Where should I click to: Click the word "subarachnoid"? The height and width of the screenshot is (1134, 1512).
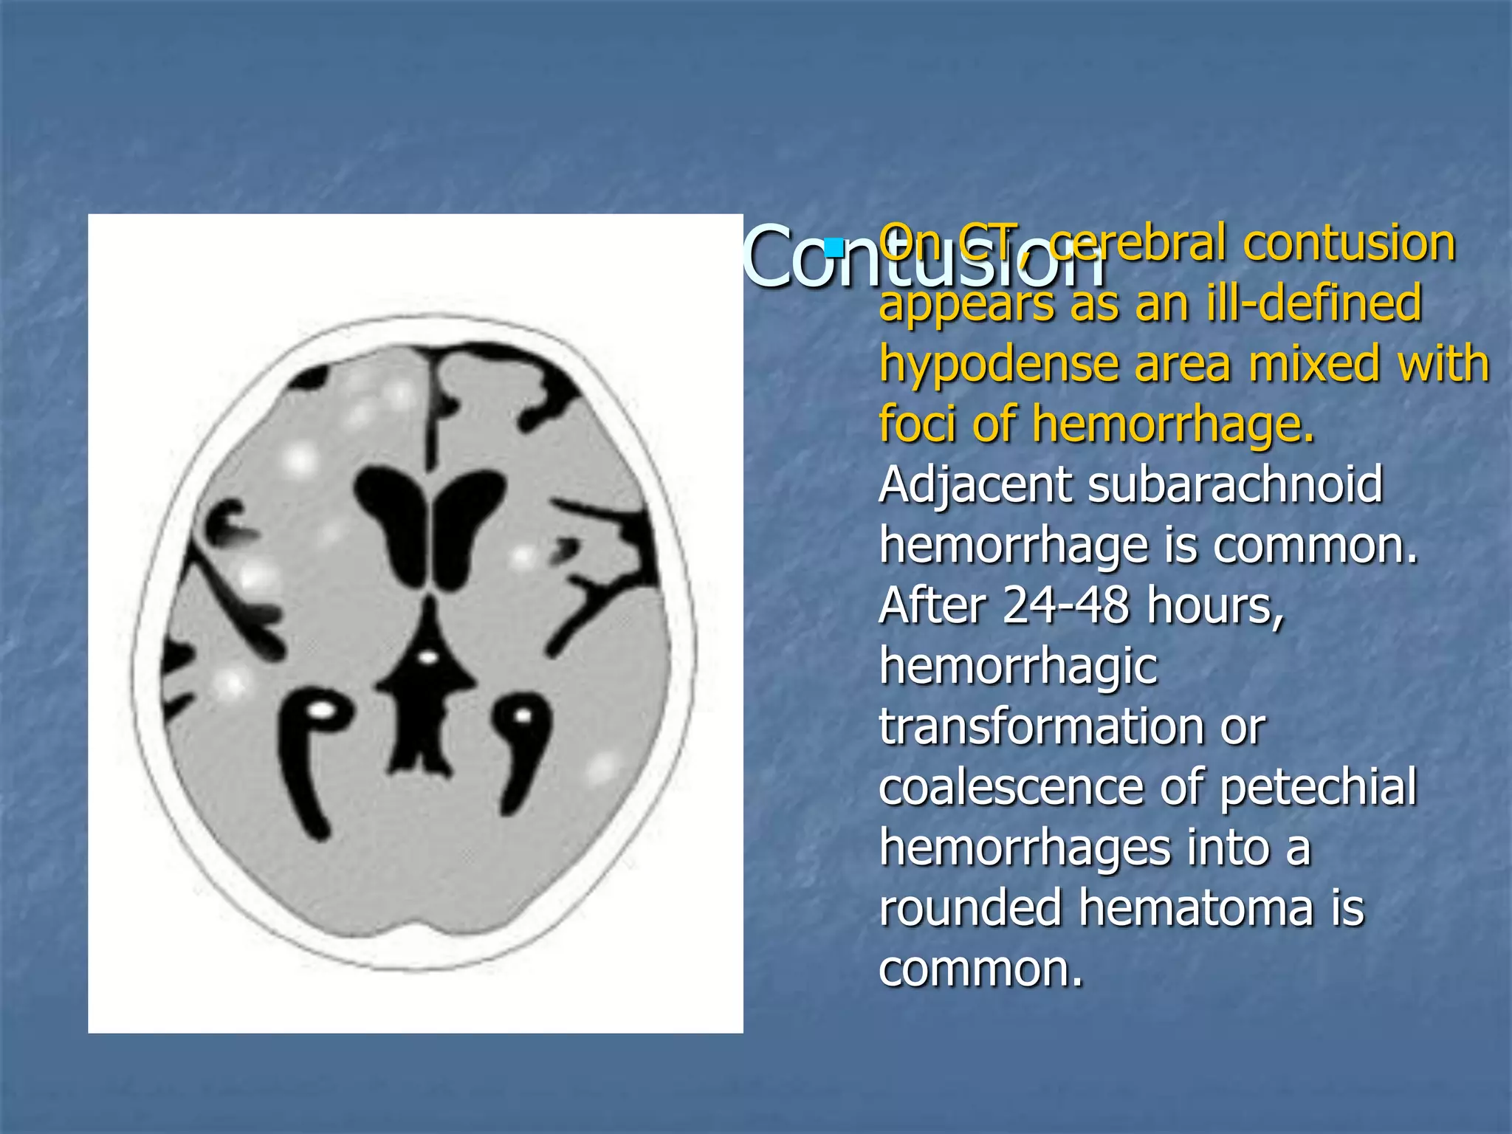tap(1234, 487)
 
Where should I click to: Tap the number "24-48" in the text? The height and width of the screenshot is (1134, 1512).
tap(1065, 606)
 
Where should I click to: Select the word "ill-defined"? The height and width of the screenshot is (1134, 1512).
tap(1314, 304)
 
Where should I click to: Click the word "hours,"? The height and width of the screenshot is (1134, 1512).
tap(1216, 606)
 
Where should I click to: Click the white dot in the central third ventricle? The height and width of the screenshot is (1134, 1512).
tap(427, 656)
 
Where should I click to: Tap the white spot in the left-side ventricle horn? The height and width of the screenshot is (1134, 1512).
tap(321, 712)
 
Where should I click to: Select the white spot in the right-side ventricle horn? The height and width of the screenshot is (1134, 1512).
tap(522, 715)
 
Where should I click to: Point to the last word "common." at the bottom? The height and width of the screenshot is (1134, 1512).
tap(980, 969)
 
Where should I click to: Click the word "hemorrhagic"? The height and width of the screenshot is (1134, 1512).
tap(1018, 667)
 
